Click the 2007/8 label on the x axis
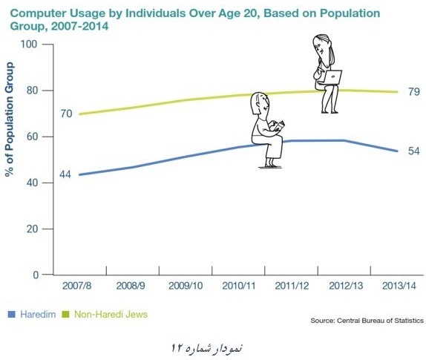(77, 286)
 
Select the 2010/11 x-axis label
(239, 286)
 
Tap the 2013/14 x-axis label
(399, 286)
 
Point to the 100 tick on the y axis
(29, 44)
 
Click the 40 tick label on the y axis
(33, 183)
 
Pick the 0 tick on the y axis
(36, 275)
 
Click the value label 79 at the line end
(414, 92)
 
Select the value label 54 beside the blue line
(414, 151)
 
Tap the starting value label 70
(66, 114)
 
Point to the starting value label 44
(65, 174)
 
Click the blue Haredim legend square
(11, 315)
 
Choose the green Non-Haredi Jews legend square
(66, 315)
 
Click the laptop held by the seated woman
(332, 77)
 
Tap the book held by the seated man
(280, 127)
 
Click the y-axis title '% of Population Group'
(10, 120)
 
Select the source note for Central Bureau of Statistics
(367, 321)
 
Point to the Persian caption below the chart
(206, 348)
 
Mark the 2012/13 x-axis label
(346, 286)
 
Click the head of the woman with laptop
(321, 46)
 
